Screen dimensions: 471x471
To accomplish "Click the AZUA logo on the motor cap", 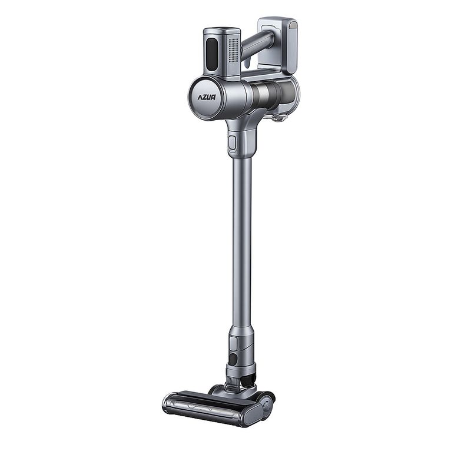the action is [207, 97].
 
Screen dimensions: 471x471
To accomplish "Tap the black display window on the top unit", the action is [212, 55].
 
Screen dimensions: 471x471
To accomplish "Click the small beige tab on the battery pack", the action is [292, 25].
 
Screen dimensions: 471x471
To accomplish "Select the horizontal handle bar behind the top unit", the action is [258, 44].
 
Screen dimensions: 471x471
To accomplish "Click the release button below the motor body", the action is [232, 143].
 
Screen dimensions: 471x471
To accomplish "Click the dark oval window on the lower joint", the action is [233, 359].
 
